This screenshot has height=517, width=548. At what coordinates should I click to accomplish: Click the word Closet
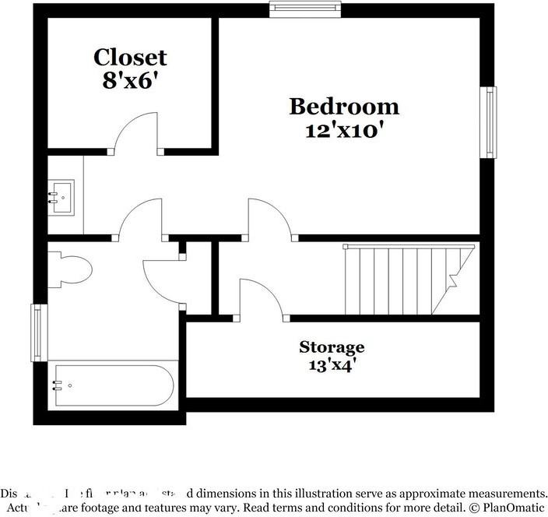tap(130, 57)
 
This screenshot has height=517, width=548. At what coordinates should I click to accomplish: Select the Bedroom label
tap(343, 106)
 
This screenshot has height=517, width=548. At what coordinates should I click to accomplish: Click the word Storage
tap(332, 346)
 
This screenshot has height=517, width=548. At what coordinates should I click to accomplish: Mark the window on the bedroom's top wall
tap(305, 9)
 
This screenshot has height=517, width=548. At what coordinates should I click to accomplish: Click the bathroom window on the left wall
tap(36, 332)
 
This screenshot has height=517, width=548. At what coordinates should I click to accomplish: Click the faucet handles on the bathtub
tap(58, 385)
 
